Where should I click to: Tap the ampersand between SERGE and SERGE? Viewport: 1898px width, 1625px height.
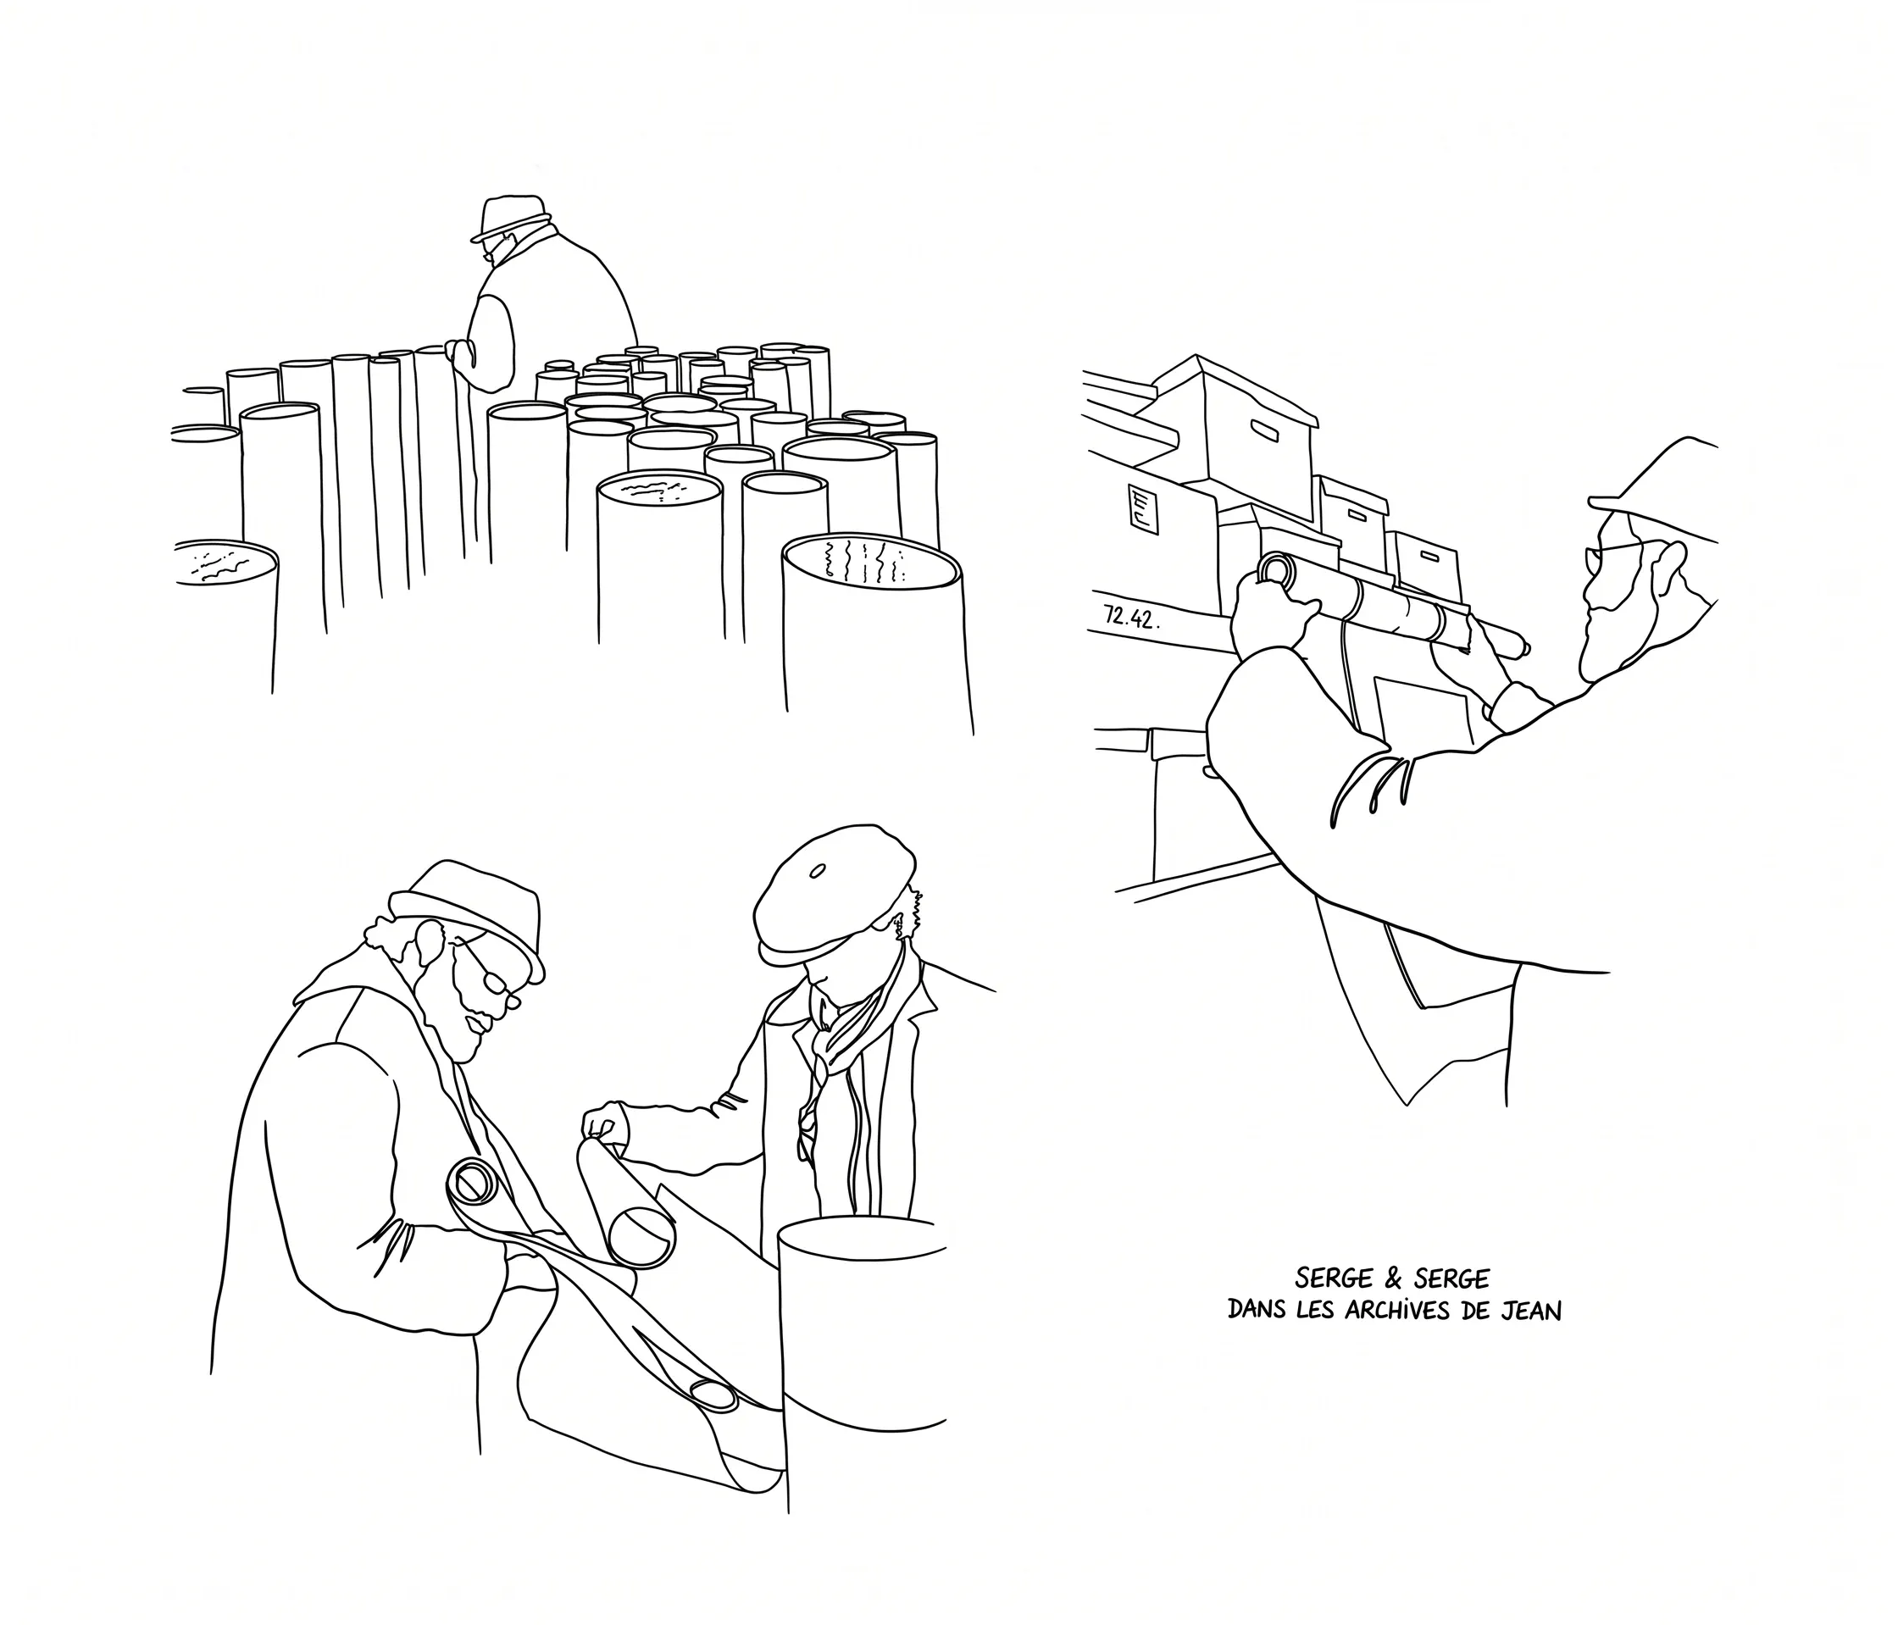click(1389, 1278)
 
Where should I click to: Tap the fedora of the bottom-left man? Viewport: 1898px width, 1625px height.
click(467, 916)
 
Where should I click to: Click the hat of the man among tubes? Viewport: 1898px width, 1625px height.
click(510, 218)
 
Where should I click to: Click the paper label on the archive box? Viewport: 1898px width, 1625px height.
click(1143, 510)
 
